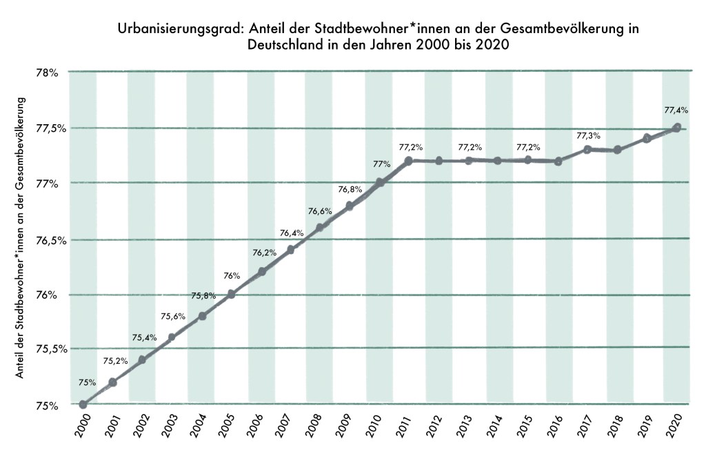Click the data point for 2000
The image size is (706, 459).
coord(83,404)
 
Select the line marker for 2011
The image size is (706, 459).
coord(409,161)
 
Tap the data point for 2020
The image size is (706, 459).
coord(677,128)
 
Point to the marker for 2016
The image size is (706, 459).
coord(558,162)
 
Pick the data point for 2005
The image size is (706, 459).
coord(232,294)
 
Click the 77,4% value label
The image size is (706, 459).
coord(676,110)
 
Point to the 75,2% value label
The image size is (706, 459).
coord(115,360)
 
